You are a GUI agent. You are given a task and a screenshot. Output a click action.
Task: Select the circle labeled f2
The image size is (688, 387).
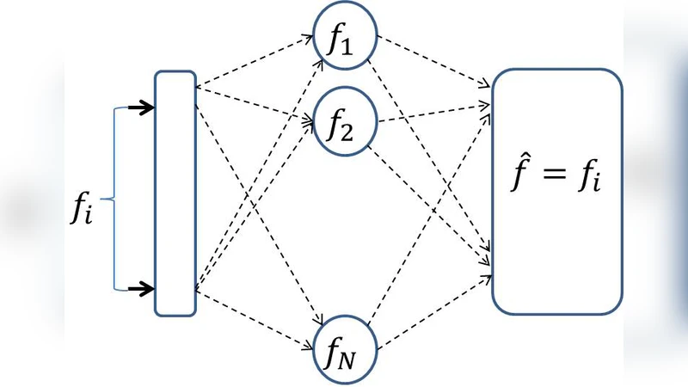point(345,126)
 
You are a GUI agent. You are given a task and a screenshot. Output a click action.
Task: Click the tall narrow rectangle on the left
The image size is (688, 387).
point(175,193)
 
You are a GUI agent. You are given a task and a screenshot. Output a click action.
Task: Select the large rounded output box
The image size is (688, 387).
point(557,191)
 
